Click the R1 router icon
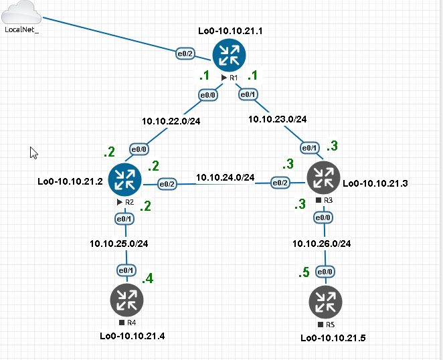(x=229, y=56)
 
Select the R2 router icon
(x=125, y=180)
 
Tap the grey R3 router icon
(x=323, y=178)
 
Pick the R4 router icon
(x=127, y=300)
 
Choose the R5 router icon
(x=326, y=302)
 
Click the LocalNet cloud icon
(x=21, y=12)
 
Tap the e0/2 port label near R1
(x=185, y=54)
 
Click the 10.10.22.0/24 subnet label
(x=171, y=121)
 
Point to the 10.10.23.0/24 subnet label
(x=278, y=119)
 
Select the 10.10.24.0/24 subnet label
(x=225, y=177)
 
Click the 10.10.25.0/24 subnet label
(x=119, y=244)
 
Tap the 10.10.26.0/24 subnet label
(x=321, y=244)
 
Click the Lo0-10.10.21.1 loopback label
(x=230, y=31)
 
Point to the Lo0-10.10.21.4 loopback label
(x=132, y=336)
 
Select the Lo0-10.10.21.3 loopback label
(x=375, y=183)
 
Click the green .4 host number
(x=147, y=278)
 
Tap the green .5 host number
(x=304, y=272)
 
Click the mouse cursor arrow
(x=33, y=153)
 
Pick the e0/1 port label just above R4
(x=126, y=270)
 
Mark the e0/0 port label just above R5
(x=325, y=272)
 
